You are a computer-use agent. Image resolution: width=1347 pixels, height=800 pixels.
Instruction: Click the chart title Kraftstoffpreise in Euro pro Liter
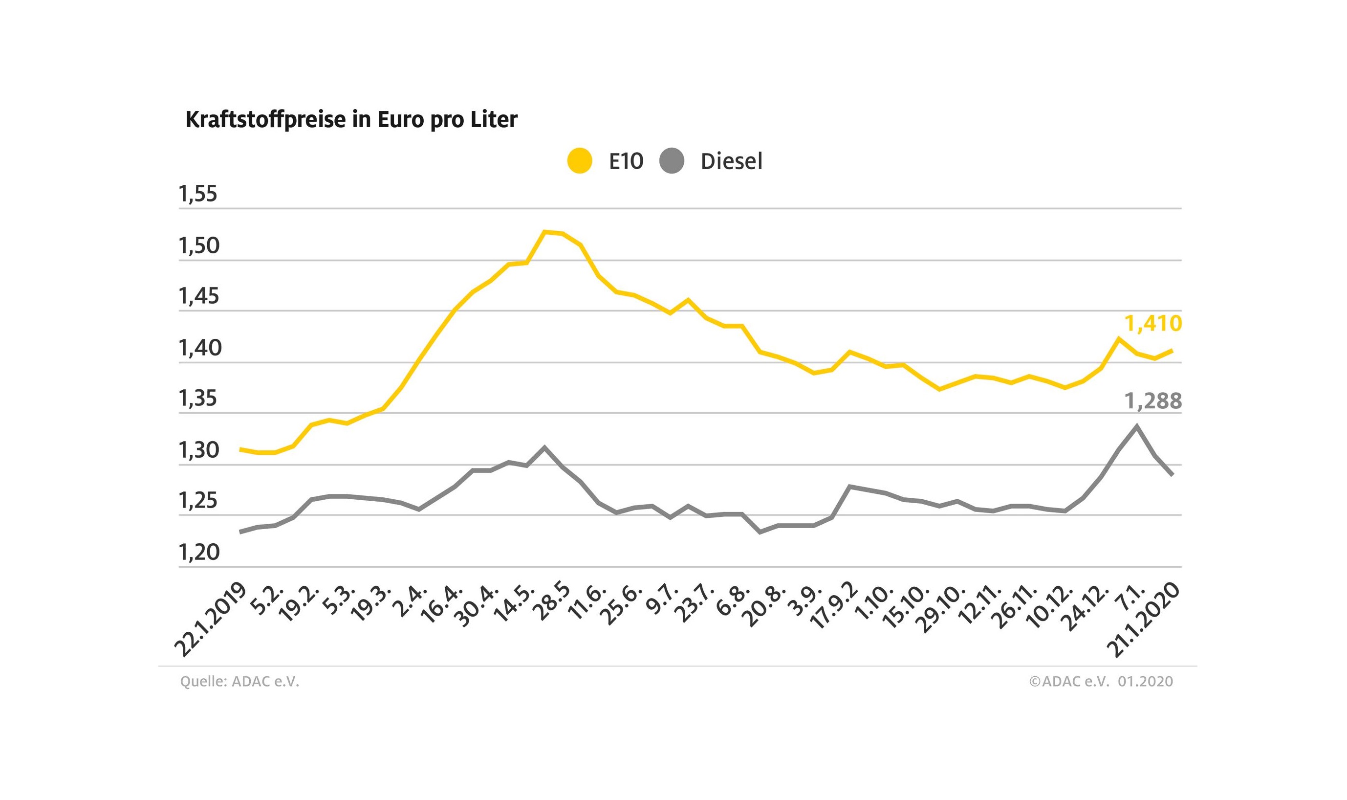click(x=351, y=120)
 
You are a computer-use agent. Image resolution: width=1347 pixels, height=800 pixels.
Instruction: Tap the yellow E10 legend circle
click(x=580, y=161)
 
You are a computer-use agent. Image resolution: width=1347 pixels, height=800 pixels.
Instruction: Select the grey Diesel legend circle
click(x=672, y=161)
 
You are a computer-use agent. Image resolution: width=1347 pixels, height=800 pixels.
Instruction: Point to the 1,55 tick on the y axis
click(x=198, y=194)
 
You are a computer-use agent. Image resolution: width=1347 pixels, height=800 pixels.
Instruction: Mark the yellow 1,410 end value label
click(x=1152, y=323)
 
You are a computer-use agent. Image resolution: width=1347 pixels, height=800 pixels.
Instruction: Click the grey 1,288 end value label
click(x=1152, y=401)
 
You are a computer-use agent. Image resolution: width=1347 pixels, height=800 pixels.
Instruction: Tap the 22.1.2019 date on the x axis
click(x=211, y=620)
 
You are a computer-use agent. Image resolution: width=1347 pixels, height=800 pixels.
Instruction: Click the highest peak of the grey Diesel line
click(x=1136, y=426)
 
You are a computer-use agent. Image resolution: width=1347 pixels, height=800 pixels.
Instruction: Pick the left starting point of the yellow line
click(x=240, y=449)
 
